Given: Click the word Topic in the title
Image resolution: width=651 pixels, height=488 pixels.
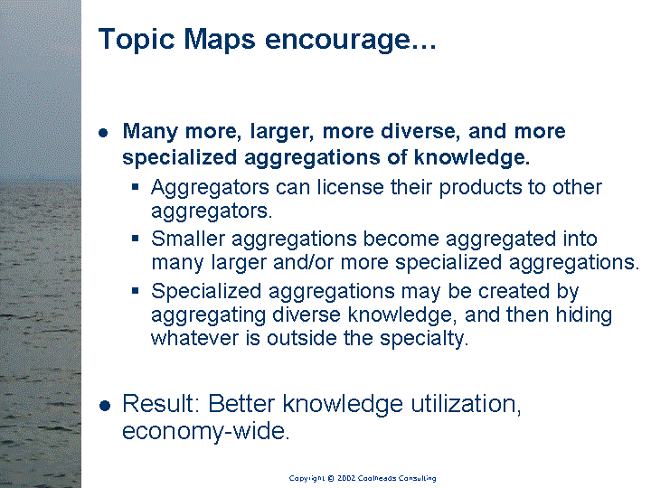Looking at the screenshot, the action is point(137,40).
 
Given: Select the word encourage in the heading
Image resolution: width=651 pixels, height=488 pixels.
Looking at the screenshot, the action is point(337,40).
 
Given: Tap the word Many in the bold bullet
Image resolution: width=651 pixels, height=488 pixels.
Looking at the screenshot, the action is point(150,132).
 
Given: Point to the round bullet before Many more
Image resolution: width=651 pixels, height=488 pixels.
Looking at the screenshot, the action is point(103,133).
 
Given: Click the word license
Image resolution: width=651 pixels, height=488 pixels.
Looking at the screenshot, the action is point(351,187).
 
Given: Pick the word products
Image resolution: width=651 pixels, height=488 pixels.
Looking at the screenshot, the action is point(480,188).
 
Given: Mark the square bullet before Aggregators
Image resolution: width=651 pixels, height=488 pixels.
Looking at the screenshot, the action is point(135,187).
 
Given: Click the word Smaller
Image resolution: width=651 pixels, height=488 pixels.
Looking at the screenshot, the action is point(188,239).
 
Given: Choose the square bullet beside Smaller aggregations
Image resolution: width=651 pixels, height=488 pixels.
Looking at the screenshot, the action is point(135,239).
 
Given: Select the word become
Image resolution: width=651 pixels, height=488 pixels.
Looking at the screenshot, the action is point(401,239).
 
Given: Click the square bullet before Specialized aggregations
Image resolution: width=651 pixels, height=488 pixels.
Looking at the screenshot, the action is point(135,290).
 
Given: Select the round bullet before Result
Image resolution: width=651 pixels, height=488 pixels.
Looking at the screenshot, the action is point(105,406).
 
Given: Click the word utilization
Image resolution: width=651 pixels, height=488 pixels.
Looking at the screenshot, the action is point(466,404).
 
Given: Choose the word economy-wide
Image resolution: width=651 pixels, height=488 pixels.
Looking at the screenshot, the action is point(205,431).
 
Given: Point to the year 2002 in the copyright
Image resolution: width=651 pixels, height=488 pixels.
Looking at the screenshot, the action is point(345,478).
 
